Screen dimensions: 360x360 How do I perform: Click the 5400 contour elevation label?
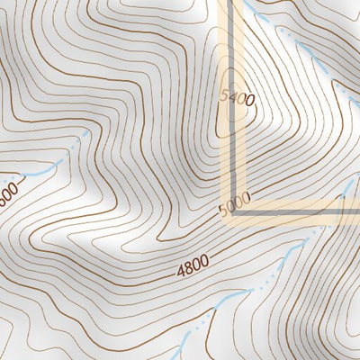point(233,97)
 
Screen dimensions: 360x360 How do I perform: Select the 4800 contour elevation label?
point(193,265)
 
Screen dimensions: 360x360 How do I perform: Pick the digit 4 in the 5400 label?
point(230,96)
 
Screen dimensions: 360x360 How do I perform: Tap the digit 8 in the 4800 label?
point(188,265)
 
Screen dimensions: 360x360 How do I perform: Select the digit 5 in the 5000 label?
point(222,211)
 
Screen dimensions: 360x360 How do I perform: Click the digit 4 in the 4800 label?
point(181,268)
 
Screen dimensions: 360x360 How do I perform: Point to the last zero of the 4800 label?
point(204,260)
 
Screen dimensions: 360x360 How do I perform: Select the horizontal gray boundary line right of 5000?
point(297,214)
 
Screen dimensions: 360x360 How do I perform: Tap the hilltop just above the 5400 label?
point(232,72)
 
